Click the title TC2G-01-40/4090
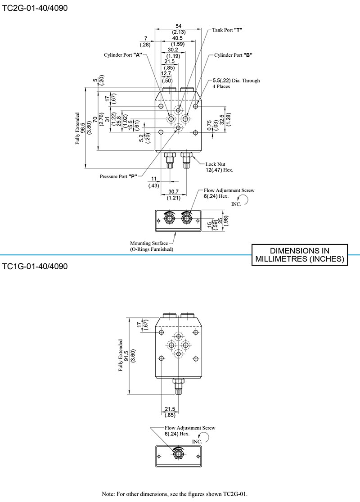pyautogui.click(x=35, y=8)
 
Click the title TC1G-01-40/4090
pyautogui.click(x=35, y=266)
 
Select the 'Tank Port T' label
pyautogui.click(x=227, y=30)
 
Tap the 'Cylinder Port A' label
pyautogui.click(x=122, y=55)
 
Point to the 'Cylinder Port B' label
pyautogui.click(x=233, y=55)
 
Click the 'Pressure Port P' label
pyautogui.click(x=118, y=176)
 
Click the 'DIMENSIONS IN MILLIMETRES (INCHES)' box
pyautogui.click(x=299, y=255)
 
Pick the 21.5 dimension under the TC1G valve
pyautogui.click(x=170, y=409)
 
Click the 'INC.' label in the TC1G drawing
pyautogui.click(x=197, y=442)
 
